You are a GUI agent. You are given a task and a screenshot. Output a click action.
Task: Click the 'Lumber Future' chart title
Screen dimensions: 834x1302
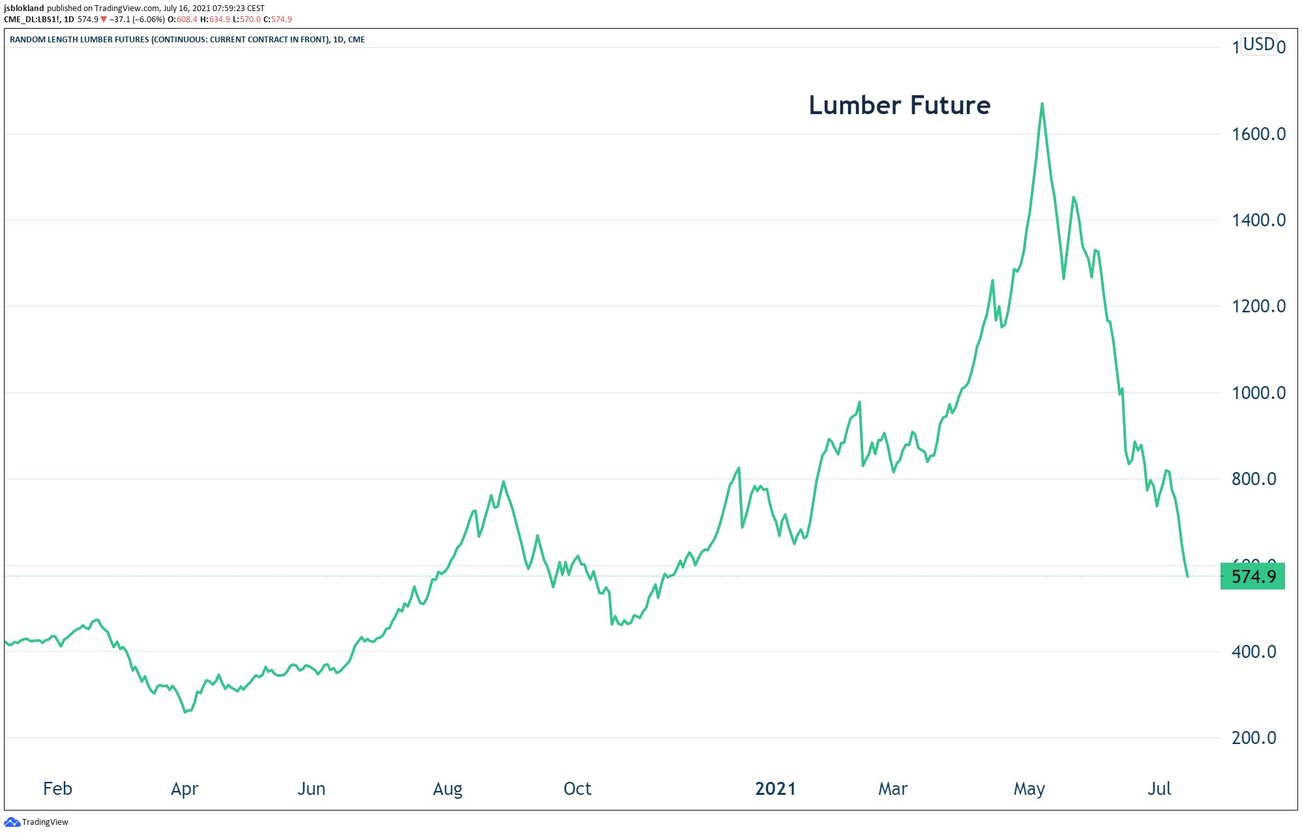899,105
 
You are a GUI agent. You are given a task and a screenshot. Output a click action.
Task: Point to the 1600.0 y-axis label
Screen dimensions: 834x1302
1258,134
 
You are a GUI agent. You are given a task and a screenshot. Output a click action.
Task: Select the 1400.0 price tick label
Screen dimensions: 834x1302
1258,220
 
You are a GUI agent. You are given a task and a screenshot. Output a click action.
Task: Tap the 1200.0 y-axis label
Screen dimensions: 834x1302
1258,306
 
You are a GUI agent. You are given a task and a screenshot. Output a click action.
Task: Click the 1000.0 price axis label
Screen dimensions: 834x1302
1258,393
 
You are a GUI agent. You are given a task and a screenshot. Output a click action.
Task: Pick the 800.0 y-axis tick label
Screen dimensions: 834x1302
1253,479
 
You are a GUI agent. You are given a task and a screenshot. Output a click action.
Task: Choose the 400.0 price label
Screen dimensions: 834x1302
1253,652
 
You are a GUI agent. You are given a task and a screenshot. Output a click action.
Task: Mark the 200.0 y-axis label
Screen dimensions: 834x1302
1253,738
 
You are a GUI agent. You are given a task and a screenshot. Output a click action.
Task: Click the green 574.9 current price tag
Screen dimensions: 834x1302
1252,576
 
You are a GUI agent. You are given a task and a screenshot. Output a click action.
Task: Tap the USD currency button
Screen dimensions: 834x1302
1258,44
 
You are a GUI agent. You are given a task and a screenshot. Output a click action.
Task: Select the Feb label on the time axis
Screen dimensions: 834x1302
57,789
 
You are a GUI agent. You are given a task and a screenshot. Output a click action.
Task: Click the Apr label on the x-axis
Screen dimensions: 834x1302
185,789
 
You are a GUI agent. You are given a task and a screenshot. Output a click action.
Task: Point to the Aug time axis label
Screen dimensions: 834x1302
447,789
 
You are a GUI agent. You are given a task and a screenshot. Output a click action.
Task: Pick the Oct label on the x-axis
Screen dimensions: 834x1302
577,789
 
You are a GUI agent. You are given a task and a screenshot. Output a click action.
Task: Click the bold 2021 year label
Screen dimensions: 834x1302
775,789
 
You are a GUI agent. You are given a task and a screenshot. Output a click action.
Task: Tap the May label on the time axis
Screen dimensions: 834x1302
1029,789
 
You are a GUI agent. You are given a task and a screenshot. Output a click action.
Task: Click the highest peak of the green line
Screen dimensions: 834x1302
1042,104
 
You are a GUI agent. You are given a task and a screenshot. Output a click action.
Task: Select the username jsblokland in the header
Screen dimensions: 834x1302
24,8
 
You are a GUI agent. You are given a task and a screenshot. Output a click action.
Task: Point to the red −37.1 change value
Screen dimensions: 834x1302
120,20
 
